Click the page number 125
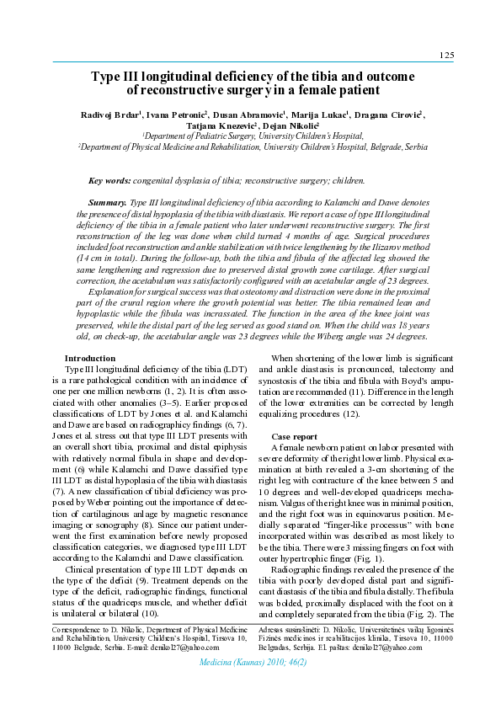(446, 55)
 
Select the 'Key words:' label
(109, 180)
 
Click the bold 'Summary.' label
(108, 204)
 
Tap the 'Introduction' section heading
(90, 358)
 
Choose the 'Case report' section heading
(294, 436)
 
